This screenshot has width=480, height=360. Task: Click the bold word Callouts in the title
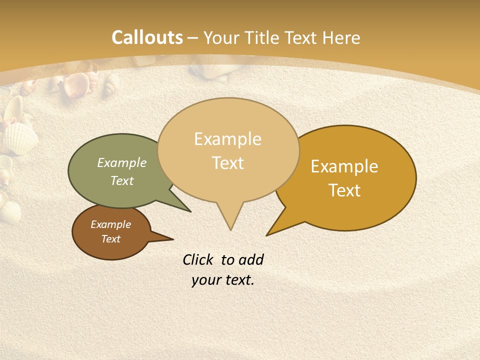pyautogui.click(x=147, y=37)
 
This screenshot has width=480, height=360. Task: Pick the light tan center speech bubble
pyautogui.click(x=228, y=150)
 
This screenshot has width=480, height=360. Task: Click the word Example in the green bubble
pyautogui.click(x=122, y=162)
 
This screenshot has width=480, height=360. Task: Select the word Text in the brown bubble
pyautogui.click(x=111, y=239)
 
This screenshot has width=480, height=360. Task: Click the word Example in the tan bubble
pyautogui.click(x=228, y=138)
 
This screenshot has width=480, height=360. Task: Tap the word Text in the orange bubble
pyautogui.click(x=344, y=190)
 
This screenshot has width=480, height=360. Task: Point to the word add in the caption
pyautogui.click(x=251, y=259)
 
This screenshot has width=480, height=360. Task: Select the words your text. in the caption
pyautogui.click(x=223, y=280)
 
